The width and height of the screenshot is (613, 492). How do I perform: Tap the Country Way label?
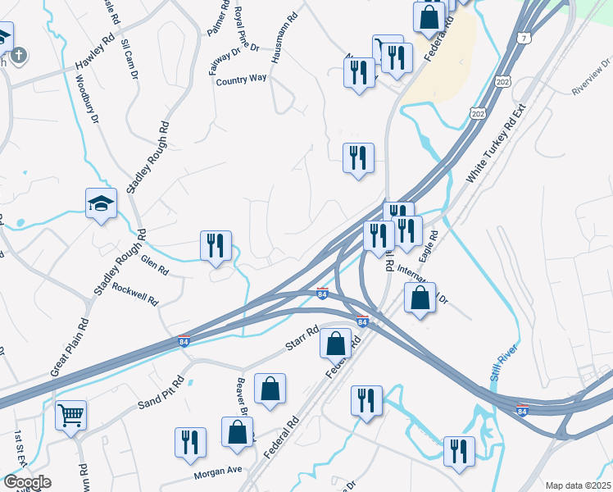(x=242, y=80)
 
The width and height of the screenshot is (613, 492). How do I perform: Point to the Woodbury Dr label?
(x=86, y=99)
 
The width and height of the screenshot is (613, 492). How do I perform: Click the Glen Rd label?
(x=154, y=264)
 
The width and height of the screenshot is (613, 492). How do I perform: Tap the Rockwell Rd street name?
(x=135, y=294)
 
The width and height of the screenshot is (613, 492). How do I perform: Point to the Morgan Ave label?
(x=218, y=472)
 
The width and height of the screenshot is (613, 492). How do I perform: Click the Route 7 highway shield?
(x=524, y=38)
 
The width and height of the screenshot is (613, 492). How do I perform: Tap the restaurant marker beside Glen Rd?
(x=216, y=245)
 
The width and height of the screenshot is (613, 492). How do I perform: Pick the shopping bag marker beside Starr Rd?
(x=336, y=343)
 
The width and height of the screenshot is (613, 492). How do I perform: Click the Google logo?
(x=27, y=482)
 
